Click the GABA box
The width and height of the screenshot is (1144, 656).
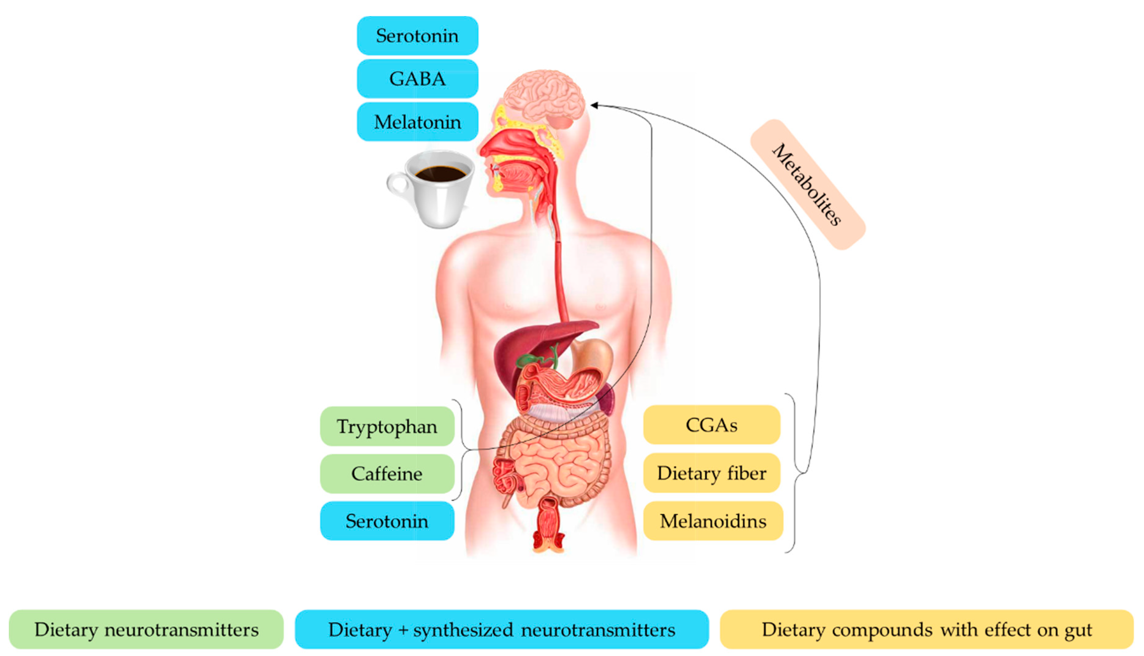point(418,79)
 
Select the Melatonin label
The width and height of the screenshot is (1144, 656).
point(418,122)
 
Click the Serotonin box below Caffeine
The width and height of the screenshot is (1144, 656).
point(387,521)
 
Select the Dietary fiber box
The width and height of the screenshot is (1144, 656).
point(711,473)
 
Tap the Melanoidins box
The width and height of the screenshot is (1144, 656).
point(713,521)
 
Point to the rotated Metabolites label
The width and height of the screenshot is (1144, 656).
point(807,185)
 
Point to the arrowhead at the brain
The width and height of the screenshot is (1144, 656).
point(594,105)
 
